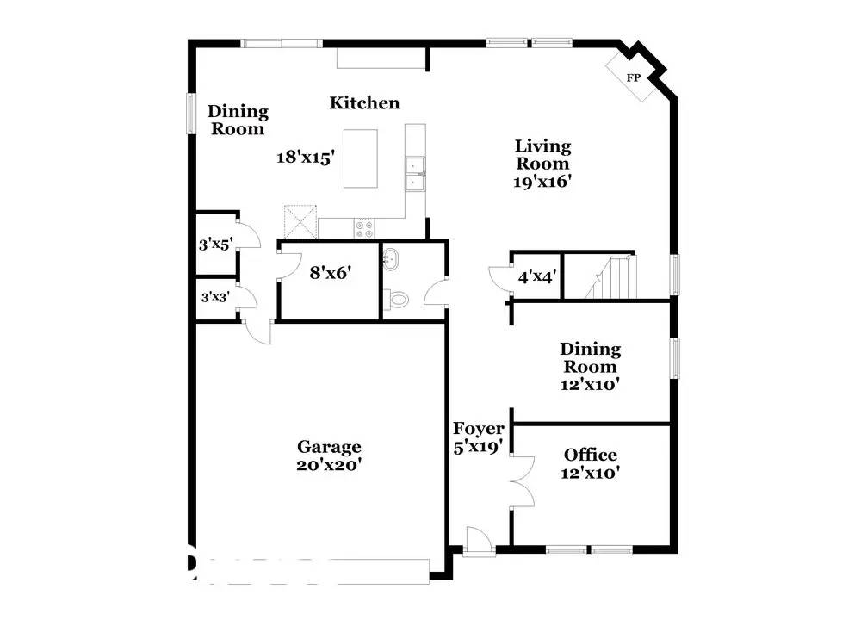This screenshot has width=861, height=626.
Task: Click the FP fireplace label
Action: pos(635,78)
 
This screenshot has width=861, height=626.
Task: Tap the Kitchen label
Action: pos(365,103)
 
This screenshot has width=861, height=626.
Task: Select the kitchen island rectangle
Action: pos(362,158)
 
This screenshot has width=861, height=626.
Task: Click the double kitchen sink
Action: pos(415,172)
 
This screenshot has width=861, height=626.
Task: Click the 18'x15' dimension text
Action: pos(305,158)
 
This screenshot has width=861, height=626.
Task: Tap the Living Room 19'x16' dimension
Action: pos(542,182)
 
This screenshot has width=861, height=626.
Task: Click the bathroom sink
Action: pos(392,257)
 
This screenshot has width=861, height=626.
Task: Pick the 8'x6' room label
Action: pos(331,274)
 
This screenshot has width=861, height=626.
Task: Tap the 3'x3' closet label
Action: pos(215,298)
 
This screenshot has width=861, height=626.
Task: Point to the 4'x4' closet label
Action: pos(536,277)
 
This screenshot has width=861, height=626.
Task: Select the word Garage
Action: pos(329,447)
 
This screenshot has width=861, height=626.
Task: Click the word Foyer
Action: pos(479,429)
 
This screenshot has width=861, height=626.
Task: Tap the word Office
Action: pos(590,455)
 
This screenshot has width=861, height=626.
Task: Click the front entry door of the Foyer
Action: pos(477,541)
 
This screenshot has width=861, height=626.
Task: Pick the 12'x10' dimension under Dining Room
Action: pos(590,385)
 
